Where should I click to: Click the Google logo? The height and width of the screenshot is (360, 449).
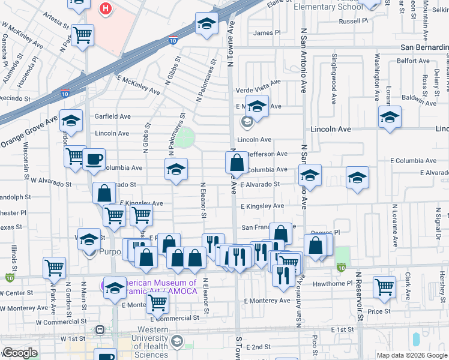click(20, 353)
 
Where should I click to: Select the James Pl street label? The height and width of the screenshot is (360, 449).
click(267, 33)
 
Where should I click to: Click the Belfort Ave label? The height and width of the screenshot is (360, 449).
click(413, 61)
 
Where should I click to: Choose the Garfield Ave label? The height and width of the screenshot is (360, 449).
click(112, 116)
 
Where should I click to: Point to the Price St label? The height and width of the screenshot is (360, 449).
click(379, 311)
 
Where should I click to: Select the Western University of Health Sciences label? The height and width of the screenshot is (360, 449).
click(152, 342)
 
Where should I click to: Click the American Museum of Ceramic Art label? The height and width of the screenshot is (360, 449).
click(158, 287)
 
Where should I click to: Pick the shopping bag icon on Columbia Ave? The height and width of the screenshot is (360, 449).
click(237, 162)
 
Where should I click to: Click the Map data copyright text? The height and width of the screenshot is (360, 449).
click(412, 355)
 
